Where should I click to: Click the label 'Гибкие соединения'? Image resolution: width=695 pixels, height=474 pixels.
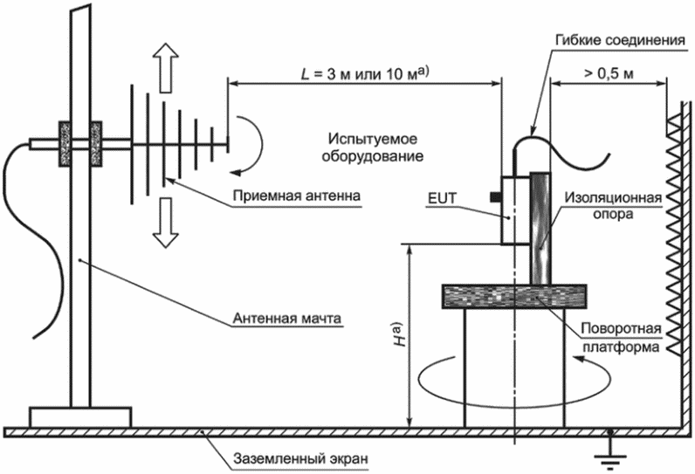tap(620, 40)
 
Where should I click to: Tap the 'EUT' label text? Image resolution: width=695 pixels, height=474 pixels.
tap(442, 198)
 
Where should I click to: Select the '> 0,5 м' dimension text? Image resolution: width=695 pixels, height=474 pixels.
tap(609, 73)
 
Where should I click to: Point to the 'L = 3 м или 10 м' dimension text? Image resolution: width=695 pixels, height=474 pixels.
tap(364, 73)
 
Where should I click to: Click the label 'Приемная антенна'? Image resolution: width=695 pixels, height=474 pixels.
tap(297, 196)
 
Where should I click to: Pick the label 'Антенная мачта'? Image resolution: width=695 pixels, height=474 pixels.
tap(286, 318)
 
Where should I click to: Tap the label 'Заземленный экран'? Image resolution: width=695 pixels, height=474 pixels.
tap(301, 458)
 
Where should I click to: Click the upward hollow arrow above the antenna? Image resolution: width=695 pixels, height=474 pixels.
tap(165, 67)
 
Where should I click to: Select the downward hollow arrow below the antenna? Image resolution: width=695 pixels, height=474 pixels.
tap(165, 223)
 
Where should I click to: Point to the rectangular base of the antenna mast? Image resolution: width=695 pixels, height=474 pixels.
tap(80, 417)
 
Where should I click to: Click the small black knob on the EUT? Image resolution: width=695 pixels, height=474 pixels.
tap(496, 196)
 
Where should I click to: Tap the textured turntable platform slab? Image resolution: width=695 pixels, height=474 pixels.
tap(514, 297)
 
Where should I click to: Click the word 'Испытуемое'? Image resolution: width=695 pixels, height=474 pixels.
tap(372, 139)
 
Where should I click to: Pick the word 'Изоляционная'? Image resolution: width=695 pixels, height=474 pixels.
tap(613, 197)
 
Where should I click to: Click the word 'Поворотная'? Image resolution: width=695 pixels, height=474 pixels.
tap(621, 328)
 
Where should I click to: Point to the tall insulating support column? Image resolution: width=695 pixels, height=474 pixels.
tap(540, 228)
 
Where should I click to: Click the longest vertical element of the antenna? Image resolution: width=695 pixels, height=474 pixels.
tap(132, 144)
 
